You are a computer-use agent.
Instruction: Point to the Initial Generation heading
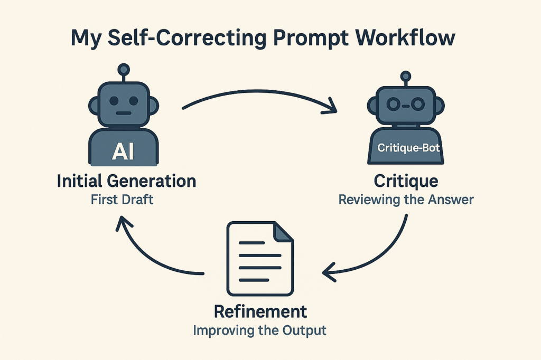point(126,182)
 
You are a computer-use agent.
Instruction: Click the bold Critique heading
point(406,182)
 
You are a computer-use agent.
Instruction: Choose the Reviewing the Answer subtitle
point(406,200)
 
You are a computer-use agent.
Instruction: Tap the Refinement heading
point(260,311)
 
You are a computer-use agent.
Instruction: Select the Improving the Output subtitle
point(260,331)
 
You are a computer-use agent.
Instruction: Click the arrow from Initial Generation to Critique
point(259,95)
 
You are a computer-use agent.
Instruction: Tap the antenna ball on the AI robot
point(124,69)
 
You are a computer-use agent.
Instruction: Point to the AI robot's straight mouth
point(124,113)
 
